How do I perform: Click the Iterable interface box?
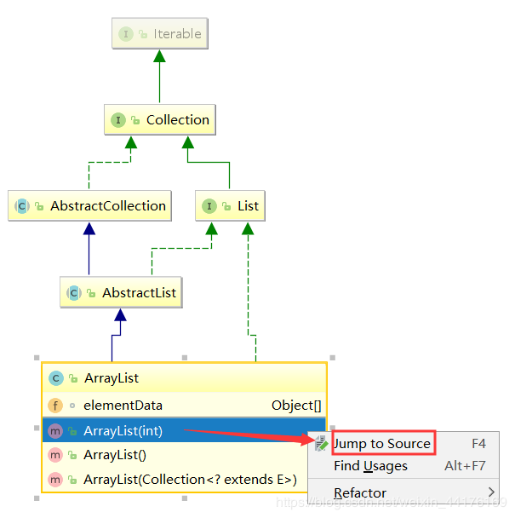[x=160, y=34]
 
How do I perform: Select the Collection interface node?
[x=160, y=120]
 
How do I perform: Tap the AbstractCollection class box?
[x=89, y=206]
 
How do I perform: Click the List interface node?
[x=229, y=206]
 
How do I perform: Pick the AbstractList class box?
[x=121, y=293]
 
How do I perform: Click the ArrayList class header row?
[x=184, y=377]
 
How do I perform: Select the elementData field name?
[x=123, y=406]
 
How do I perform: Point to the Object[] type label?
[x=295, y=406]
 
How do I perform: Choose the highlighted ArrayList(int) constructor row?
[x=184, y=431]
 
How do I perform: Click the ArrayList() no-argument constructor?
[x=115, y=455]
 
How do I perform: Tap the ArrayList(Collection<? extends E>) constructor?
[x=189, y=480]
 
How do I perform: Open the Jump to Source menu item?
[x=381, y=444]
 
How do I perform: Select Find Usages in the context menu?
[x=370, y=466]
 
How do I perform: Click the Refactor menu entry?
[x=360, y=493]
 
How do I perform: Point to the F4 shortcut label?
[x=478, y=444]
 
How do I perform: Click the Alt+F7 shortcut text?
[x=465, y=466]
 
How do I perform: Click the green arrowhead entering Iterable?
[x=159, y=56]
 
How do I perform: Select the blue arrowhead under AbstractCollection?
[x=89, y=228]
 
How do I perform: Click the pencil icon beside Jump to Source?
[x=321, y=444]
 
